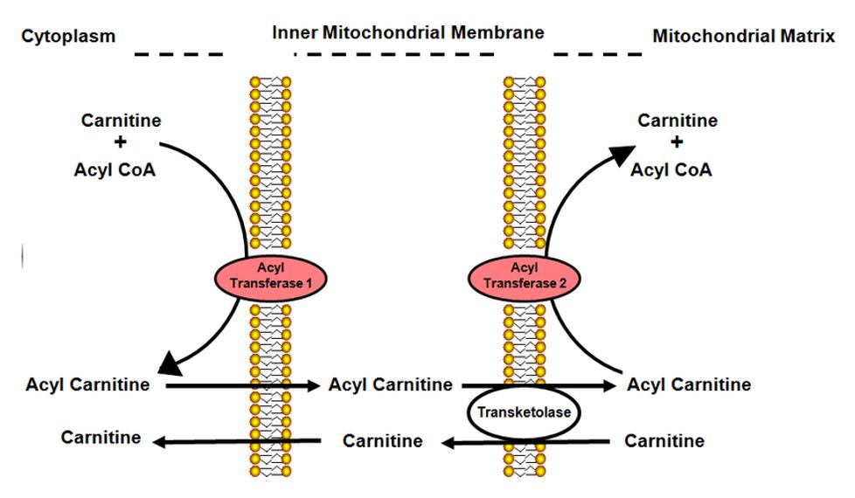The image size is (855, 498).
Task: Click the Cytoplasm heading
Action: click(x=69, y=37)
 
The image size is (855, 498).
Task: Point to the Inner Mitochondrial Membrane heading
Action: click(x=408, y=33)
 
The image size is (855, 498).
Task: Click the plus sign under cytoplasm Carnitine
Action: click(x=121, y=143)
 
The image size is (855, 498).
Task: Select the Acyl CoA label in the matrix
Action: click(x=671, y=169)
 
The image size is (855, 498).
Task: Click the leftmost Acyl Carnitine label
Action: click(x=88, y=384)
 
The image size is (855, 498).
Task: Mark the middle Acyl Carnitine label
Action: click(x=391, y=384)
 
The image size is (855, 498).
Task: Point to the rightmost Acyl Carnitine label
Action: click(x=689, y=384)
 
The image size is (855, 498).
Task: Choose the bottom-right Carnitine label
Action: click(x=664, y=440)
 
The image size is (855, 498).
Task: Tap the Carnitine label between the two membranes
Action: click(x=383, y=440)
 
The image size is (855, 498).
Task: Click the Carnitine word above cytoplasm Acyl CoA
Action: click(x=121, y=121)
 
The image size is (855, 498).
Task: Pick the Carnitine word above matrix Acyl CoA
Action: click(x=678, y=121)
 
